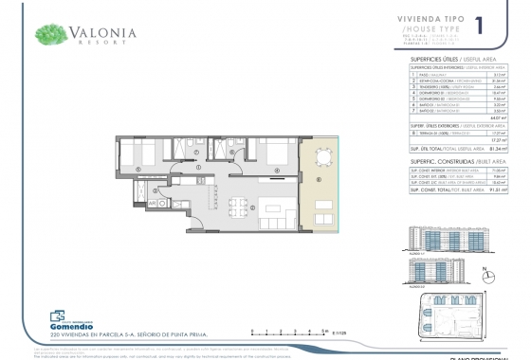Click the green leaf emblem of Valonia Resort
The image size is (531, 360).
point(49,35)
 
